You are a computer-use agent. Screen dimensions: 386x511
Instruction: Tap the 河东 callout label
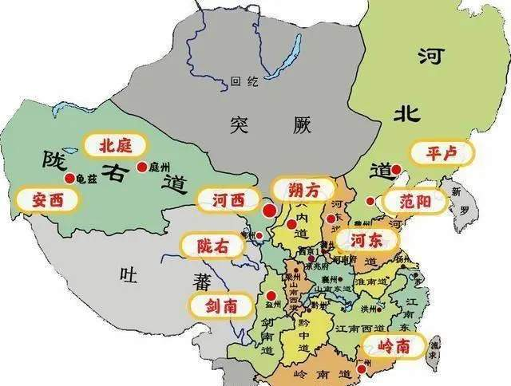[x=364, y=239]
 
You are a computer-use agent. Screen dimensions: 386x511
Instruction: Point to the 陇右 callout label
[x=212, y=246]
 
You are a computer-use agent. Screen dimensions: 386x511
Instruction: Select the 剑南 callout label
[x=218, y=305]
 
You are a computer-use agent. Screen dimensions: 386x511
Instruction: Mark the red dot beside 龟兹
[x=70, y=179]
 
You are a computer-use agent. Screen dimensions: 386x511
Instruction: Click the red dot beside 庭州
[x=142, y=167]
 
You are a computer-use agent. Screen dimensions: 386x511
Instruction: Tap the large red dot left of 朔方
[x=269, y=211]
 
